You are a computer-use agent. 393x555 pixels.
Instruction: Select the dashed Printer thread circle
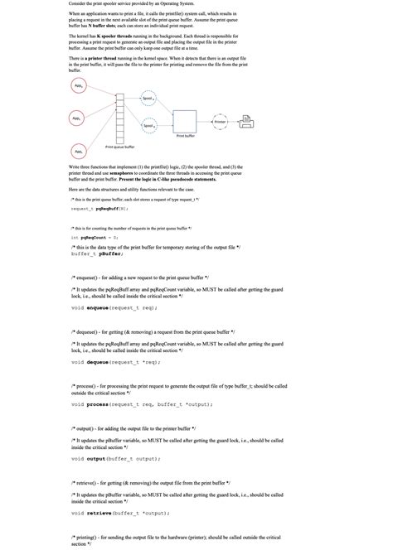[x=220, y=121]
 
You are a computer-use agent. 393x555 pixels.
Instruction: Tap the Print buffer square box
[x=185, y=122]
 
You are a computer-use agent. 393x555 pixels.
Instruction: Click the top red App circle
[x=77, y=86]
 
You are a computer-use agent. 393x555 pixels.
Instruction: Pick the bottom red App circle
[x=77, y=152]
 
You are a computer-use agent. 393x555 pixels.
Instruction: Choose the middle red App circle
[x=77, y=118]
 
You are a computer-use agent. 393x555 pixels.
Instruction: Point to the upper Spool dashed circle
[x=148, y=98]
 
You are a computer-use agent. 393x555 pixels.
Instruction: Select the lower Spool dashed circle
[x=148, y=127]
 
